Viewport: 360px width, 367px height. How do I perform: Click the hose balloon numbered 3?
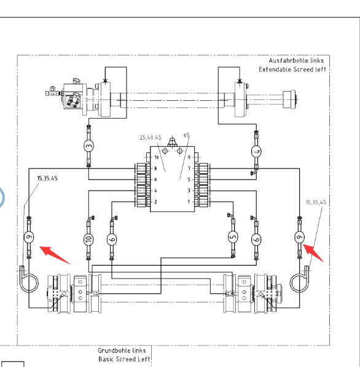click(x=88, y=146)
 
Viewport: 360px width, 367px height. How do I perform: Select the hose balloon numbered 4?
click(x=256, y=151)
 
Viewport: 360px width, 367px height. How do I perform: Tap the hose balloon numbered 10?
click(x=88, y=239)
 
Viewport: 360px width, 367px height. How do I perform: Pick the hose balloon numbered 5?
click(x=233, y=237)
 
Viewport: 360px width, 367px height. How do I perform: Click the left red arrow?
click(x=55, y=255)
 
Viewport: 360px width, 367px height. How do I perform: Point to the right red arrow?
click(x=313, y=253)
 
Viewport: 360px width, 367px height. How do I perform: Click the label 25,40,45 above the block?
click(x=151, y=137)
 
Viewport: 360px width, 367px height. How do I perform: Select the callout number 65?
click(x=186, y=135)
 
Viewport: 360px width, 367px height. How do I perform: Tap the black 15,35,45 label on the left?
click(x=47, y=178)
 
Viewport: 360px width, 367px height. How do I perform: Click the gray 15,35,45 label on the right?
click(x=316, y=202)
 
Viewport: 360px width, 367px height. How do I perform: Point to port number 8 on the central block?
click(x=155, y=168)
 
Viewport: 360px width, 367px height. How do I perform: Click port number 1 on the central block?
click(x=189, y=202)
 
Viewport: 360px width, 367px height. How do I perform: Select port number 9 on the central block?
click(x=189, y=157)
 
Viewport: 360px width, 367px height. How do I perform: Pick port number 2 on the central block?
click(x=155, y=202)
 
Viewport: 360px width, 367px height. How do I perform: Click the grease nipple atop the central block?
click(x=172, y=142)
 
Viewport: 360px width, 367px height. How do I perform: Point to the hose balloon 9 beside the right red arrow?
click(x=299, y=237)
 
